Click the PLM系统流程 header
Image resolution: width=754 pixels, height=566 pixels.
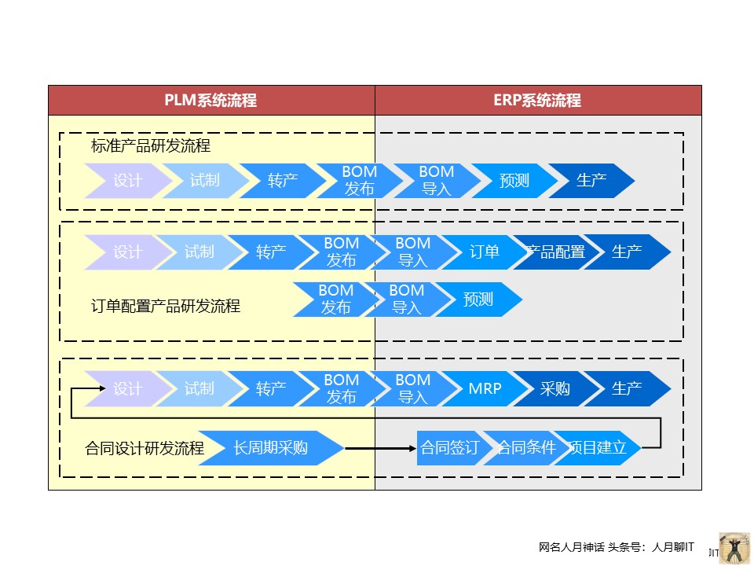[210, 101]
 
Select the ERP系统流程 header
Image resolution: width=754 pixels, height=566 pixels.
[537, 101]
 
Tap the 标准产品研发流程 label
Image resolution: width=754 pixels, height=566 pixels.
[151, 146]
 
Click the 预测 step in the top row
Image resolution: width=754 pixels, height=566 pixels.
[514, 181]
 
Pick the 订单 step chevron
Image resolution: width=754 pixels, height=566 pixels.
[485, 252]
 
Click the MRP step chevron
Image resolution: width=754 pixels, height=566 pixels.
[485, 388]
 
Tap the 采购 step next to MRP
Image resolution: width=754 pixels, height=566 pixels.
[555, 388]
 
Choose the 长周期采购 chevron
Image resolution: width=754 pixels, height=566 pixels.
[270, 448]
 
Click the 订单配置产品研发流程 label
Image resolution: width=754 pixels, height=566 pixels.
[166, 307]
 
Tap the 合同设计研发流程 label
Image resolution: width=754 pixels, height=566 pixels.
[145, 449]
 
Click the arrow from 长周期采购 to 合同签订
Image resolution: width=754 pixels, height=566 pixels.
[380, 448]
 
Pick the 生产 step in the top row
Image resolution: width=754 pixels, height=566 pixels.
[591, 181]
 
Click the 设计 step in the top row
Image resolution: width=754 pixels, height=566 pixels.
[127, 181]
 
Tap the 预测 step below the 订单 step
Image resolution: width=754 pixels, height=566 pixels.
[478, 300]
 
